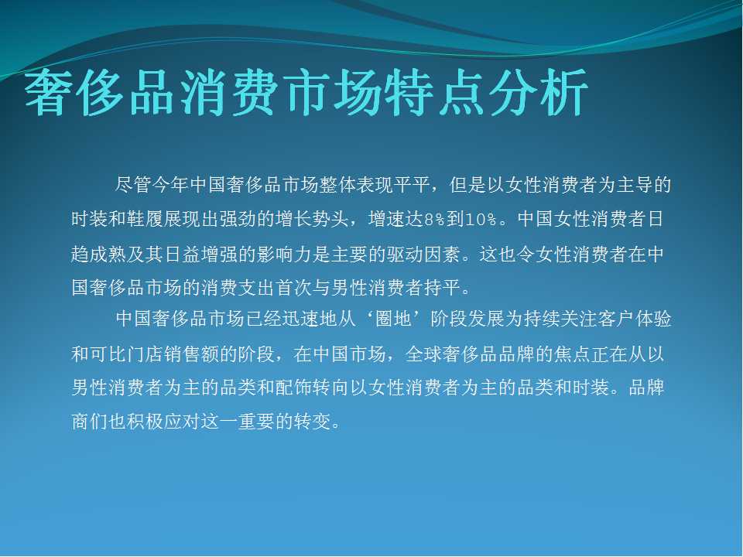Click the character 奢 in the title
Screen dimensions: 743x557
(50, 92)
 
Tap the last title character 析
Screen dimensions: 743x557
(564, 92)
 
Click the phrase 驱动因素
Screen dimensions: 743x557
(425, 255)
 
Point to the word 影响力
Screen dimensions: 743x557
(286, 255)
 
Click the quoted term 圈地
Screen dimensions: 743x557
(393, 320)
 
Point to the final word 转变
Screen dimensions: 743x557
(313, 421)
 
